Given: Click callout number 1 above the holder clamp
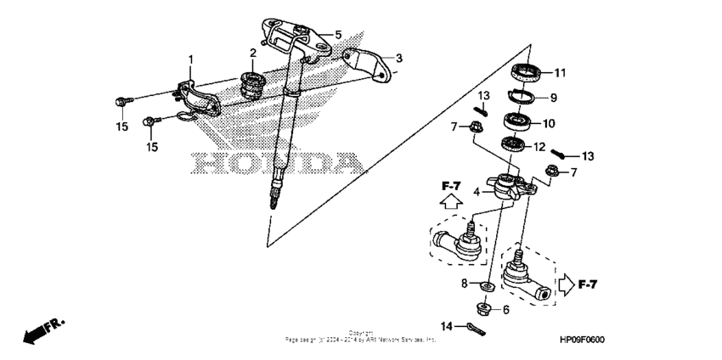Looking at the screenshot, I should (x=191, y=59).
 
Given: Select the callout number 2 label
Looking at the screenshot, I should (x=253, y=53).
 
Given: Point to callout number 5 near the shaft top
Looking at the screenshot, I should (x=337, y=35).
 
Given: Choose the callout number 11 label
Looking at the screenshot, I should (x=561, y=71).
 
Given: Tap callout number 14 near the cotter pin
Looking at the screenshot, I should (x=446, y=324).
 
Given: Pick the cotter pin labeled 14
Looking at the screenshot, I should (x=476, y=329).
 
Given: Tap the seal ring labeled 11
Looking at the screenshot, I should (x=527, y=72).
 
